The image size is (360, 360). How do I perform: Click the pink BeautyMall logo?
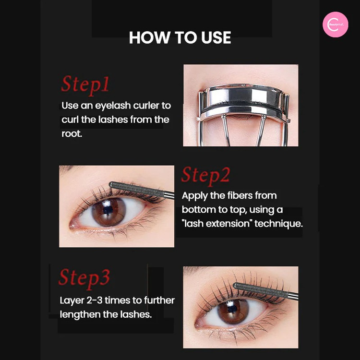pos(335,24)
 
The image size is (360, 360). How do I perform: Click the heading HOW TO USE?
pos(180,37)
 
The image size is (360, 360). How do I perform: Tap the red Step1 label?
pos(85,84)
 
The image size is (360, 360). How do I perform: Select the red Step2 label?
pos(205,176)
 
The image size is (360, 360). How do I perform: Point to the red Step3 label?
pos(84,278)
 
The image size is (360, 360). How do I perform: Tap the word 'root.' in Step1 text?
pos(72,133)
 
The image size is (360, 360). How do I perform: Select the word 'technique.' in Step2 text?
pos(278,223)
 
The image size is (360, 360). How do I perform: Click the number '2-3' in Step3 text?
pos(95,300)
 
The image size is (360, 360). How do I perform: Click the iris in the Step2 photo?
pos(108,212)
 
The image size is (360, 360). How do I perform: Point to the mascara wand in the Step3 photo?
pos(265,291)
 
